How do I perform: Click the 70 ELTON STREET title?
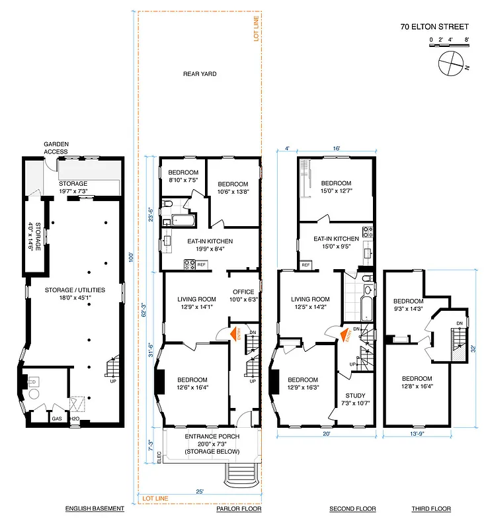click(x=434, y=27)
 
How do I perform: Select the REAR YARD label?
click(x=200, y=74)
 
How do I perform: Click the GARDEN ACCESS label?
click(x=56, y=147)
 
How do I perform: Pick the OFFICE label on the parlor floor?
click(x=244, y=292)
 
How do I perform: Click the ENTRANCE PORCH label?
click(x=212, y=437)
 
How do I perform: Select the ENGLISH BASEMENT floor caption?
click(x=95, y=509)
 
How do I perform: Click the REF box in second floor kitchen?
click(x=306, y=264)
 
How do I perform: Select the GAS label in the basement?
click(x=58, y=418)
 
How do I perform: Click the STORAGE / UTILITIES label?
click(x=73, y=294)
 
